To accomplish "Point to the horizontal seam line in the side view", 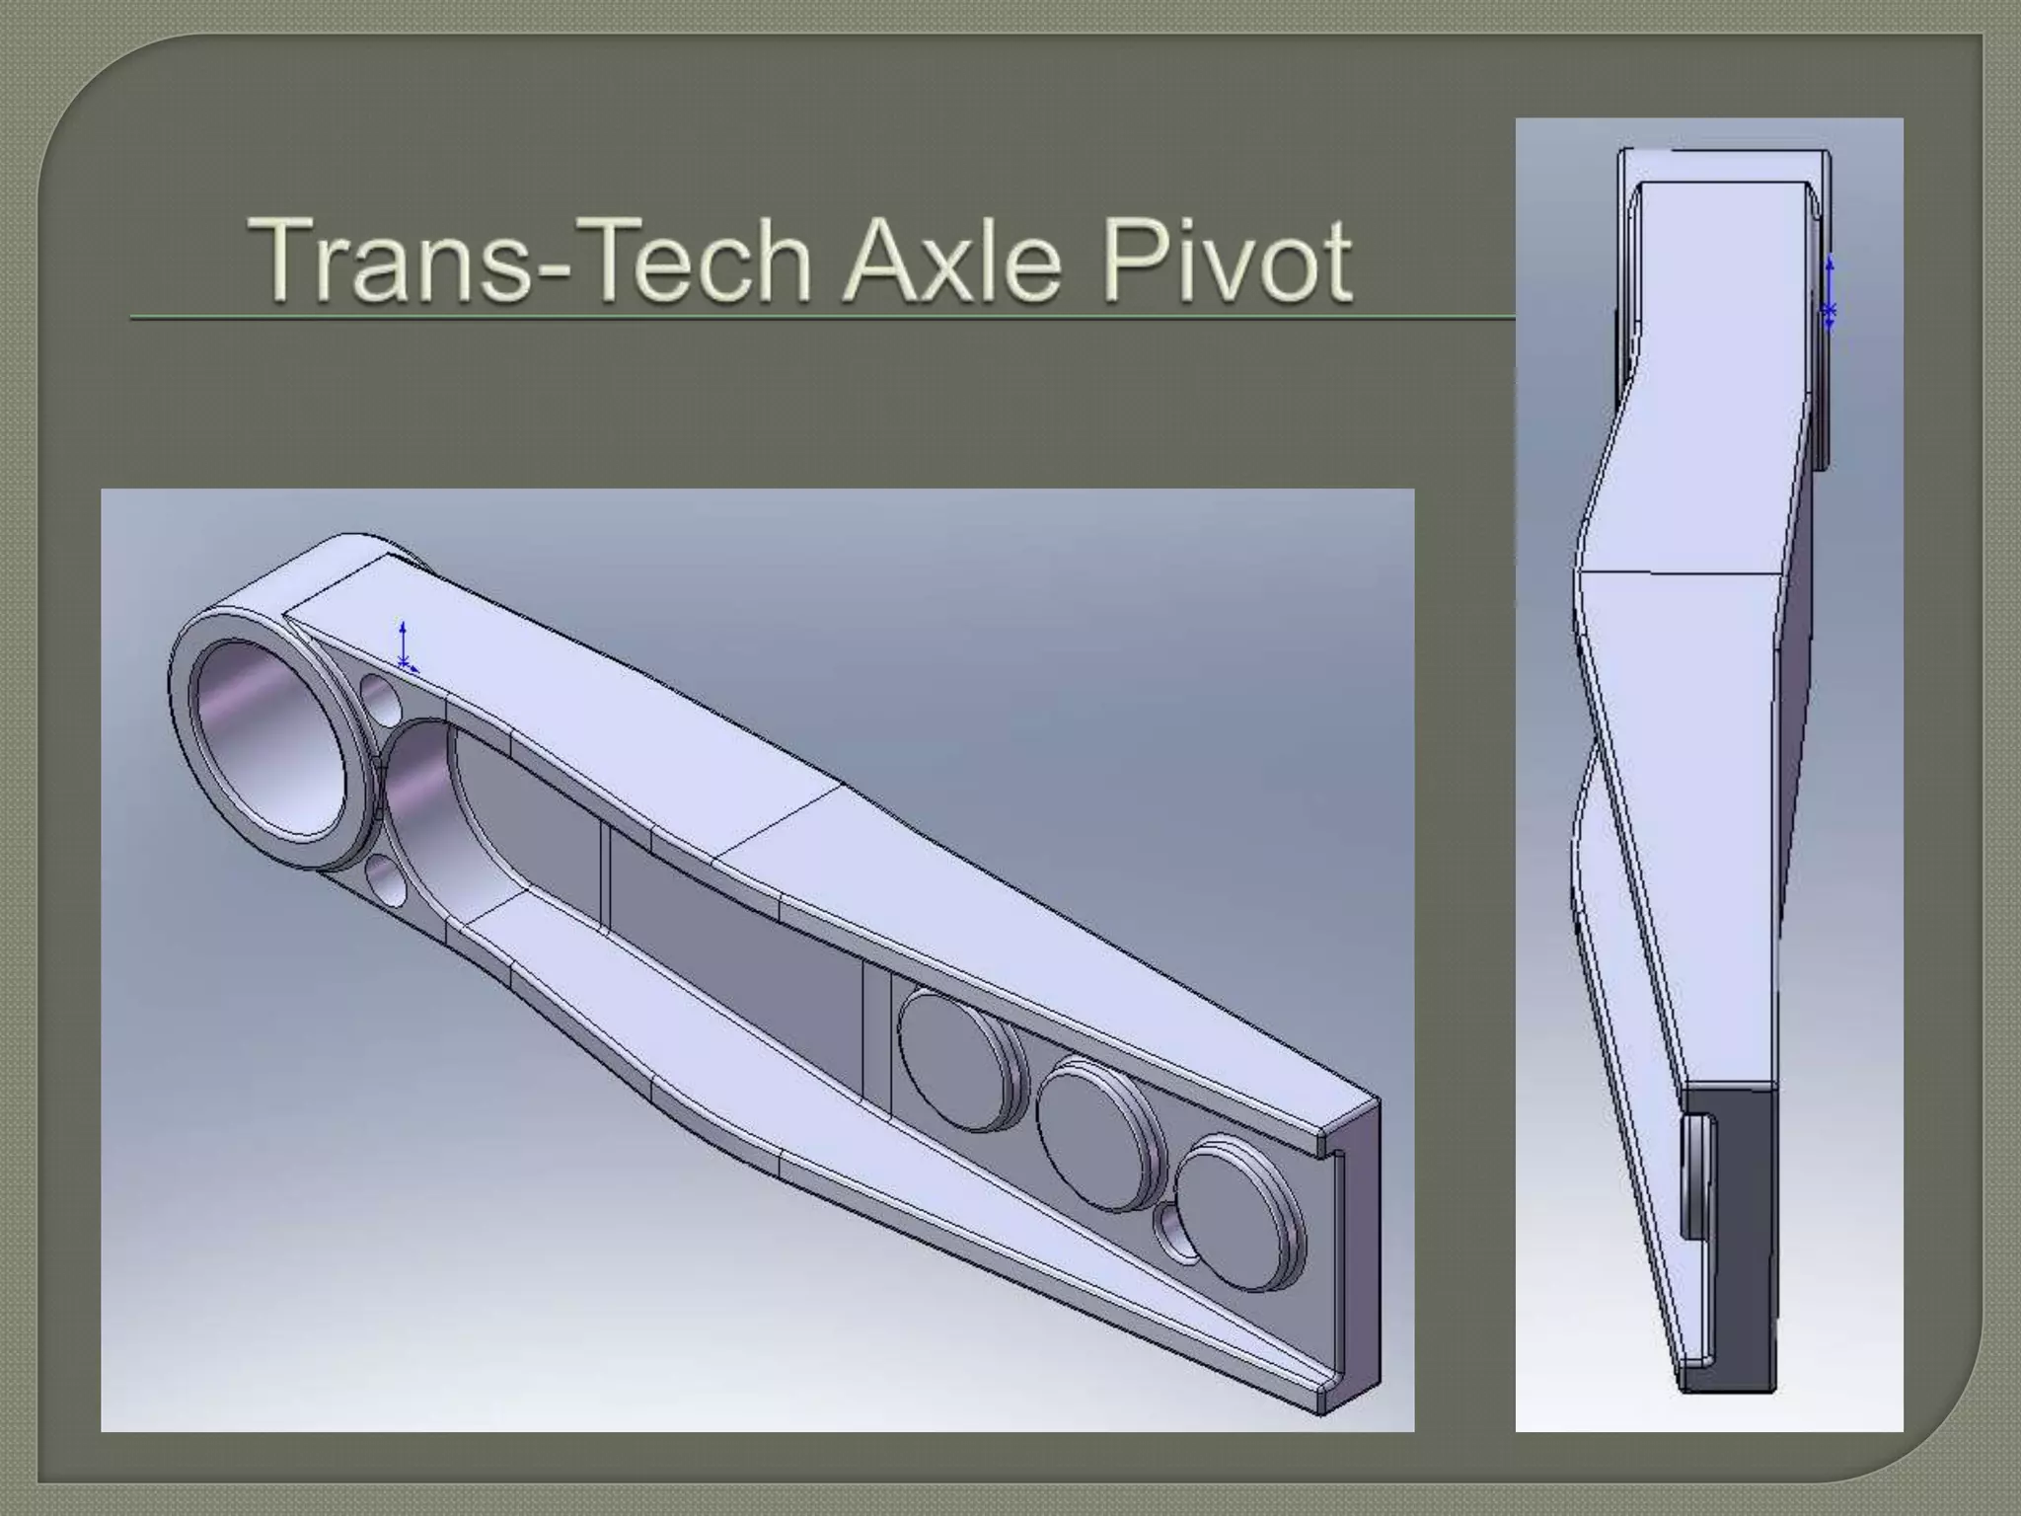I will point(1678,571).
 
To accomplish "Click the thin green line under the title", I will point(789,319).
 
